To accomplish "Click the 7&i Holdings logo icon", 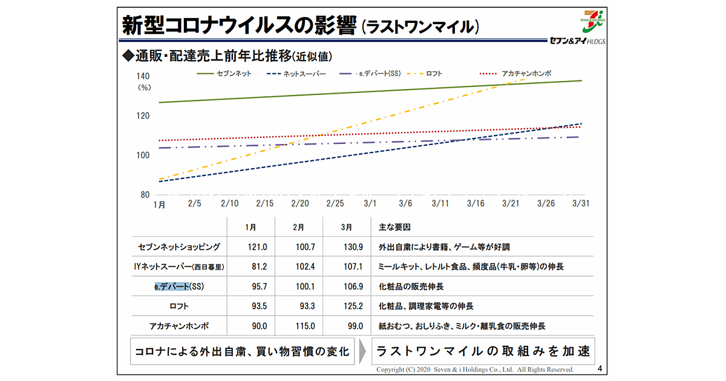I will (588, 22).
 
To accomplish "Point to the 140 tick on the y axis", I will (143, 76).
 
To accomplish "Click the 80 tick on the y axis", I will (145, 195).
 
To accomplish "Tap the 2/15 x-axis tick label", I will (264, 204).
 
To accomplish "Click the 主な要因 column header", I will (394, 227).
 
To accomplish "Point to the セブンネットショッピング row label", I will (179, 247).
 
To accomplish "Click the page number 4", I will (599, 368).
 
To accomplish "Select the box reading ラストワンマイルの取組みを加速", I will (482, 351).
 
